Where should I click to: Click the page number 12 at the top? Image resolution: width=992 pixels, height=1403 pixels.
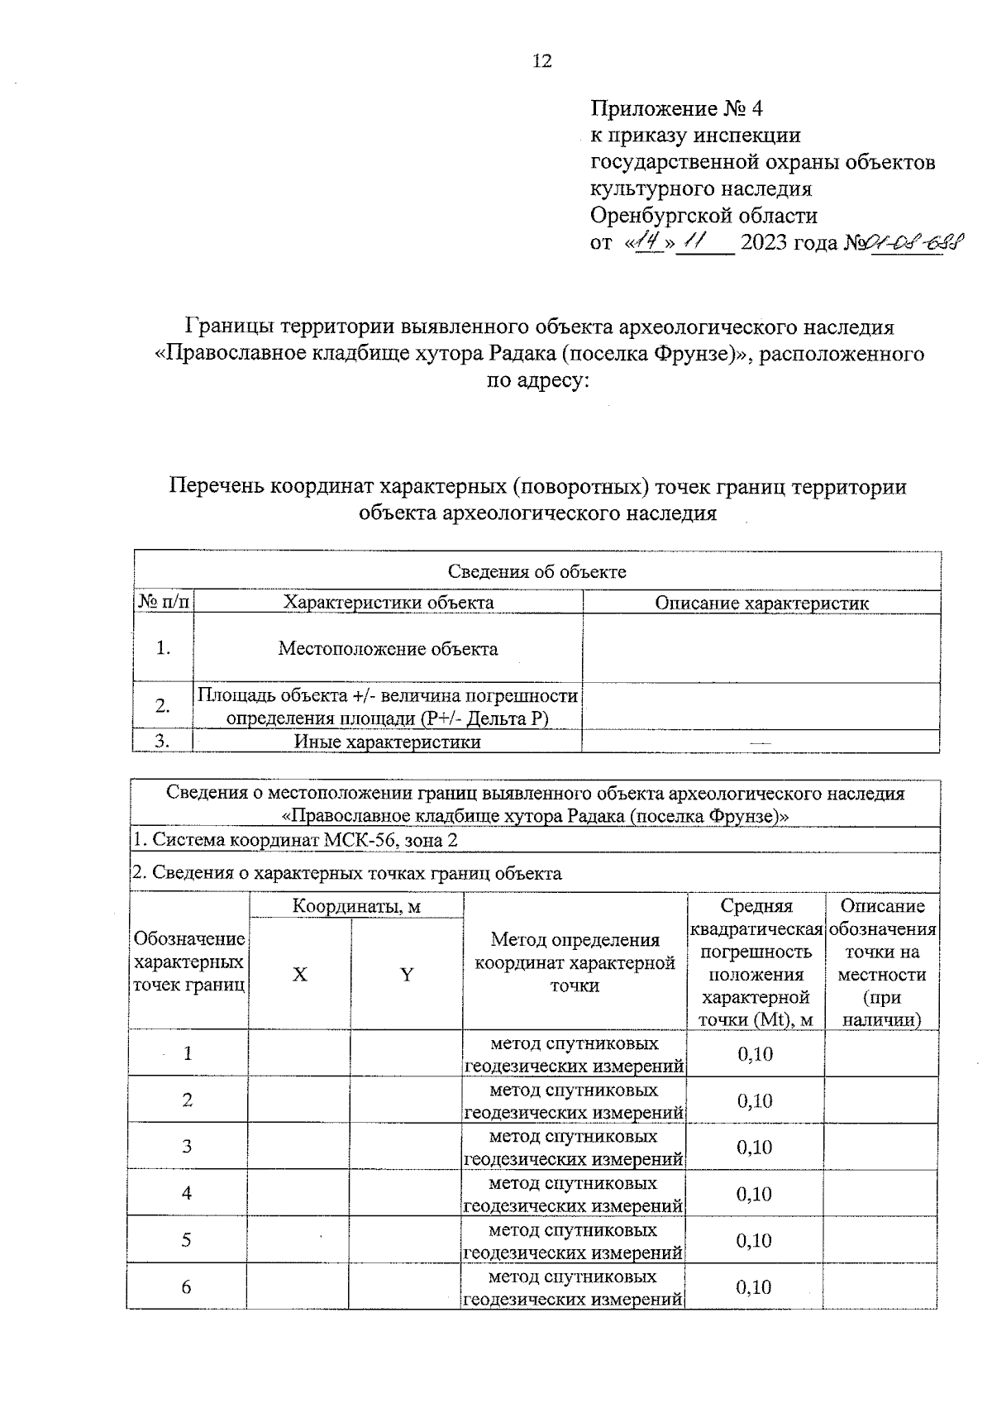(x=542, y=61)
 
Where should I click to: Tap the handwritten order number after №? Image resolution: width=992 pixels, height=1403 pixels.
(x=905, y=244)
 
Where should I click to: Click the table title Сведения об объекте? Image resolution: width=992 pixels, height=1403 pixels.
(x=537, y=571)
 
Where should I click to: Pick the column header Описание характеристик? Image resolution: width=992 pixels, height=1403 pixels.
(x=761, y=603)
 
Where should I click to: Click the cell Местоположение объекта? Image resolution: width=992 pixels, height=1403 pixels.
(x=388, y=648)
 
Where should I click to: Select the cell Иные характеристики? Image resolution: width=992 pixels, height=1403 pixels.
(x=388, y=742)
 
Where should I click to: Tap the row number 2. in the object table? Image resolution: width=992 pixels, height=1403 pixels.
(x=163, y=705)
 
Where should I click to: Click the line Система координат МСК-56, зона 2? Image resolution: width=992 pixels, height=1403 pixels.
(x=295, y=840)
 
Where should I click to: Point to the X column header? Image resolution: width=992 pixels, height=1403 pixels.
(x=299, y=975)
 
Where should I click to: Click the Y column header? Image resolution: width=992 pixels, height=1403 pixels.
(x=407, y=975)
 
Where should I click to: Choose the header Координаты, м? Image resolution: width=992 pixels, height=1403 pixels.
(x=356, y=907)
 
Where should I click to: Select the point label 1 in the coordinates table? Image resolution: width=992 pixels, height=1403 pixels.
(x=188, y=1053)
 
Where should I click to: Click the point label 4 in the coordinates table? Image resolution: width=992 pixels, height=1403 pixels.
(x=187, y=1192)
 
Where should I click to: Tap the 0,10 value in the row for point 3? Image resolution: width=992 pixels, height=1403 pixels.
(x=755, y=1147)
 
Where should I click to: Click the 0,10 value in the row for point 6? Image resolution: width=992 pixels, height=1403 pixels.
(x=753, y=1286)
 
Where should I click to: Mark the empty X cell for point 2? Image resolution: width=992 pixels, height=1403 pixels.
(x=299, y=1100)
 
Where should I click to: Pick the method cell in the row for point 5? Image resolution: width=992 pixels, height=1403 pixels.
(x=573, y=1239)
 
